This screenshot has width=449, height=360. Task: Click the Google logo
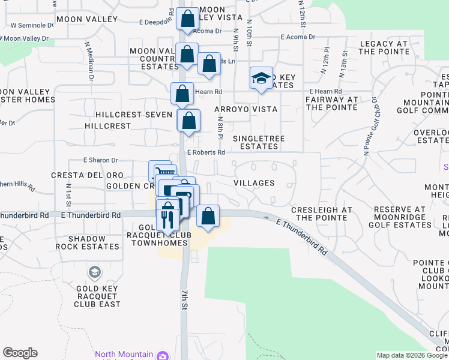20,353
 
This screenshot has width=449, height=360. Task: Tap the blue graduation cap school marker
261,78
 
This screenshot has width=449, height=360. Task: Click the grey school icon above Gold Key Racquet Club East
94,273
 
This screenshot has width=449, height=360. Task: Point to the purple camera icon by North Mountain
162,356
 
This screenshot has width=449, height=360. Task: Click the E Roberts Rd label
206,152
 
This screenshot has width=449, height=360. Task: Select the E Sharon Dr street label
101,161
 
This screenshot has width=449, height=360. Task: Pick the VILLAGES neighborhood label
253,183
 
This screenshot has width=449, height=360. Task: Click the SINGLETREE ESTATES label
258,142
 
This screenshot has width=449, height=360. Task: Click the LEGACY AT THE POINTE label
384,48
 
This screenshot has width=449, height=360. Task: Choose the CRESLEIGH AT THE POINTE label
321,214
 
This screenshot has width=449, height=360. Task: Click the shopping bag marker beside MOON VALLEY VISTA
188,19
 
